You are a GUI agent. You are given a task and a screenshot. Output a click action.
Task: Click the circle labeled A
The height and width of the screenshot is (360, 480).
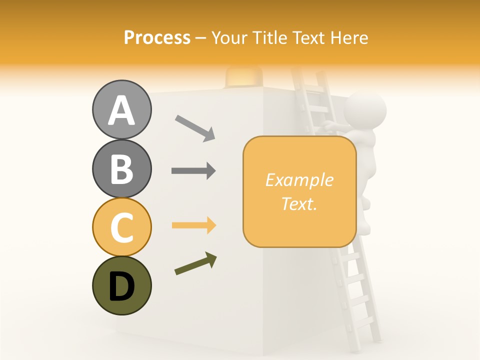tap(122, 109)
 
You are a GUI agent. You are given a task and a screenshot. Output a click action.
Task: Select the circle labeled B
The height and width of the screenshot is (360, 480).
tap(122, 168)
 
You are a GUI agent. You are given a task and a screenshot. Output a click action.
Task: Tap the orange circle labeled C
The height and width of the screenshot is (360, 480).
tap(122, 227)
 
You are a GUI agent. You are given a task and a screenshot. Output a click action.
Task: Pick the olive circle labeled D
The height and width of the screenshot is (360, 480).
tap(122, 285)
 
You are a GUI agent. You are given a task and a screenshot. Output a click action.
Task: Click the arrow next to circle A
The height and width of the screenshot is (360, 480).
tap(194, 128)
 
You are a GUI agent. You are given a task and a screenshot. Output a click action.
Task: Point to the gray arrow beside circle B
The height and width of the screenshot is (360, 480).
tap(193, 171)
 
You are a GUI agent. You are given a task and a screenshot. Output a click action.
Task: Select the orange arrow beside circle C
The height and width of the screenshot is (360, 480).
tap(193, 225)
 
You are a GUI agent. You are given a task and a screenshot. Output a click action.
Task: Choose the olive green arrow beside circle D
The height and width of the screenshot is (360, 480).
tap(195, 263)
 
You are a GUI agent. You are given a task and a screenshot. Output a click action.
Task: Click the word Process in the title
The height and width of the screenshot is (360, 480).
tap(157, 37)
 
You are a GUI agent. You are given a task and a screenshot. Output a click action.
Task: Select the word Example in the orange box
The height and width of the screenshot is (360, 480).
tap(299, 180)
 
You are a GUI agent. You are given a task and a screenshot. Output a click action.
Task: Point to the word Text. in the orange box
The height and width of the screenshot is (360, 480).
tap(299, 203)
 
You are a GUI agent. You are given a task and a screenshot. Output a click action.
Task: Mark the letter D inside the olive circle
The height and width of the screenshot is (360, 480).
tap(122, 286)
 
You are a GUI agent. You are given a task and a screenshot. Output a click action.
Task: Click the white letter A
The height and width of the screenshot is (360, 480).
tap(122, 110)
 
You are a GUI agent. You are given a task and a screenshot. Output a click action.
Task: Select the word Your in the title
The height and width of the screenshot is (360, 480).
tap(228, 37)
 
